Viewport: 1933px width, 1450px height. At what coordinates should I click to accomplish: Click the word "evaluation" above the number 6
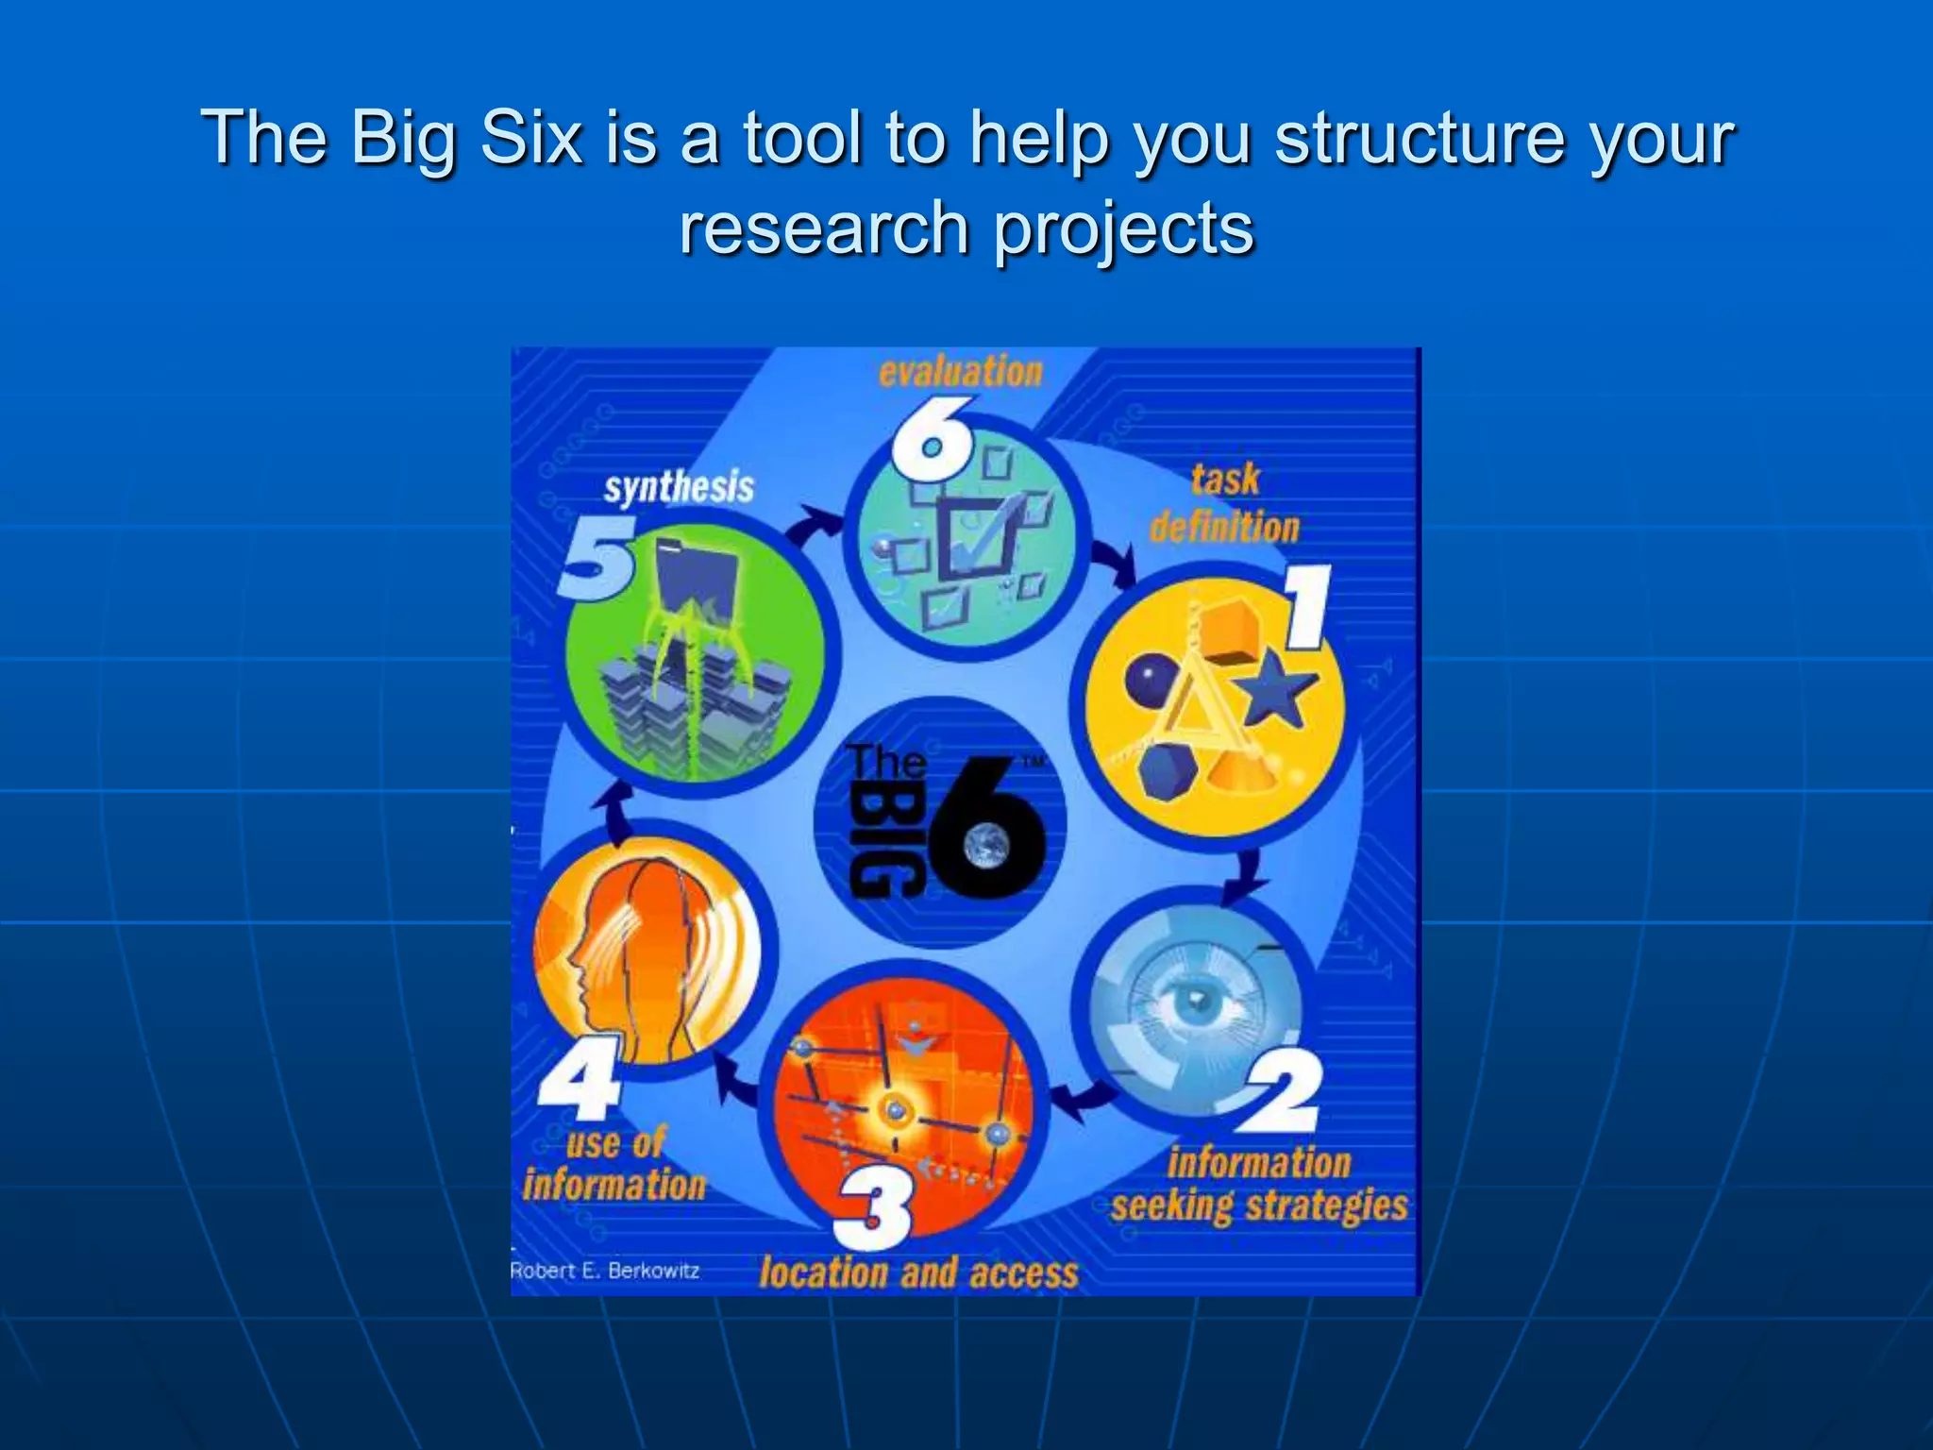(960, 371)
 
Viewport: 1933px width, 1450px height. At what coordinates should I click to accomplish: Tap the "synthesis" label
(679, 488)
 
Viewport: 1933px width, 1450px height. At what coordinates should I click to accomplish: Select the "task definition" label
(1224, 504)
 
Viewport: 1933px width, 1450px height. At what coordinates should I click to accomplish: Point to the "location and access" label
(918, 1273)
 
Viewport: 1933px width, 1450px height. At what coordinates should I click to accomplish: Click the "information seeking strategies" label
(1259, 1185)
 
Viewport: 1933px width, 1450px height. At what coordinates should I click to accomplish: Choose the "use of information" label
(614, 1164)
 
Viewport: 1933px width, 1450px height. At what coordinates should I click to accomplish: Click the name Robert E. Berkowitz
(605, 1271)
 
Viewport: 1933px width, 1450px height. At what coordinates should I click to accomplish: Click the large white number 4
(580, 1076)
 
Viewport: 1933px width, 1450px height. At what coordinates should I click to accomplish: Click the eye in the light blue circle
(1197, 1004)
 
